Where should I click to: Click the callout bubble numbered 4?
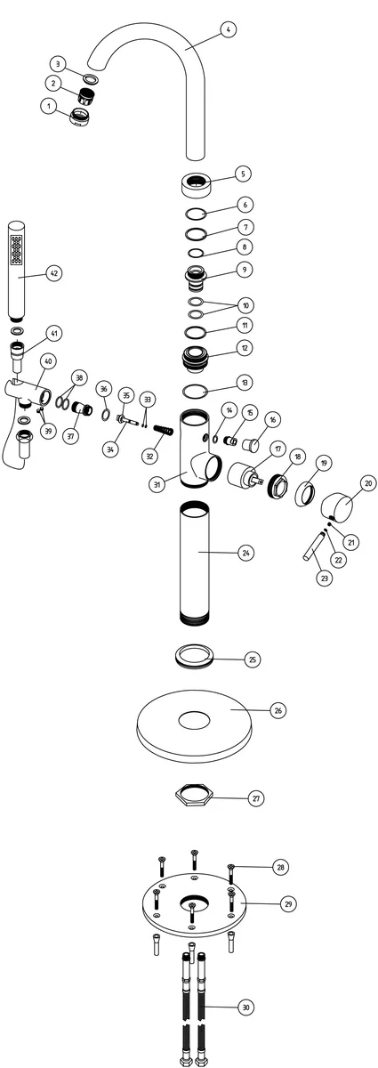tap(229, 29)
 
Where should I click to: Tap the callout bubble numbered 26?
tap(278, 710)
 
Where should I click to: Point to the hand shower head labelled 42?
tap(17, 271)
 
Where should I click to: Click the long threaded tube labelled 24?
tap(195, 562)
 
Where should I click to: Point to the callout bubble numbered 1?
tap(49, 105)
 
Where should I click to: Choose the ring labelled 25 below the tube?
tap(194, 656)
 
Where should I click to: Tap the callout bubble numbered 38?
tap(79, 377)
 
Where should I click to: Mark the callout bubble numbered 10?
tap(246, 305)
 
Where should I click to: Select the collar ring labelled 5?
tap(196, 183)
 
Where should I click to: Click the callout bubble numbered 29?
tap(288, 903)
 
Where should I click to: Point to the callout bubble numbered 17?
tap(277, 449)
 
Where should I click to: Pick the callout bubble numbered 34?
tap(111, 449)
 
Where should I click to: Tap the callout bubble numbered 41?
tap(54, 333)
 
